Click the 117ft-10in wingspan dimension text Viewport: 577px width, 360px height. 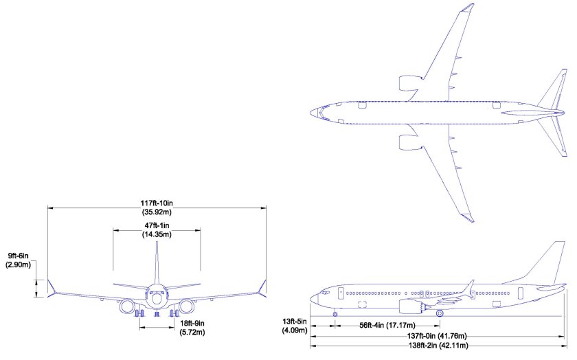[x=157, y=203]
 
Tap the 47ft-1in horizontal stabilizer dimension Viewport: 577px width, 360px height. [x=157, y=225]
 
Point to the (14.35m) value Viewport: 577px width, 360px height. [x=157, y=234]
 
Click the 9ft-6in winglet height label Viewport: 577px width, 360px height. [x=18, y=253]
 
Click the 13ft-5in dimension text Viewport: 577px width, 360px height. [x=293, y=321]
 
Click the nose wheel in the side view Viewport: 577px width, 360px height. [x=335, y=314]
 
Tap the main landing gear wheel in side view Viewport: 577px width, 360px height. [x=440, y=313]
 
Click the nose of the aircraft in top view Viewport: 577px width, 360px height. [x=313, y=111]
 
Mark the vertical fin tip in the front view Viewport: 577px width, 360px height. [x=157, y=245]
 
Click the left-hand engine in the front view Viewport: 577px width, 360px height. [x=128, y=306]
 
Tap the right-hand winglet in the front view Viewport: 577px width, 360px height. [x=263, y=286]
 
